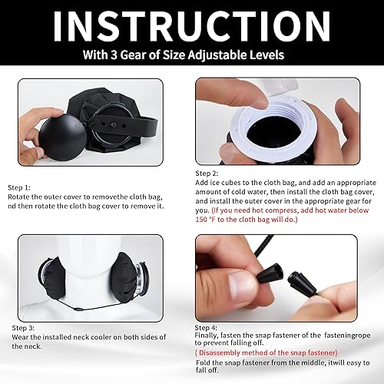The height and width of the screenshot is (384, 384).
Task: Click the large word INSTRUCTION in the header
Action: tap(192, 26)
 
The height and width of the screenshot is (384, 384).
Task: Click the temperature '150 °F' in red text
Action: tap(213, 219)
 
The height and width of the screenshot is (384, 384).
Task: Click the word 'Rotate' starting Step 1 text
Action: tap(21, 196)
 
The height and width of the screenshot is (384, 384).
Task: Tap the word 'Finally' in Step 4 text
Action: tap(211, 334)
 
